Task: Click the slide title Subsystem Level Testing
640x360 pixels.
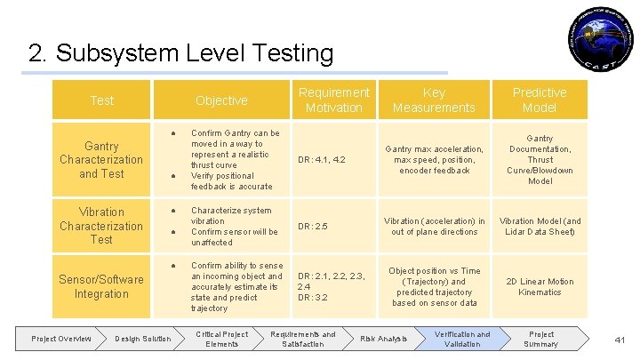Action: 181,53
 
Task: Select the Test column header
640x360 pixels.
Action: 101,100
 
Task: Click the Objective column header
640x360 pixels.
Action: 221,100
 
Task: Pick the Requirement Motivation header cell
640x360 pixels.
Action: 333,100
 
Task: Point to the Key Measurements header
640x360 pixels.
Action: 434,100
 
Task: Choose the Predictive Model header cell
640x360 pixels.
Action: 540,100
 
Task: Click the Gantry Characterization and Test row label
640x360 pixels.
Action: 101,159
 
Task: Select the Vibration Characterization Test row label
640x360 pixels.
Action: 101,226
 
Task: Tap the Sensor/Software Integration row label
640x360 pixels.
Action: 101,286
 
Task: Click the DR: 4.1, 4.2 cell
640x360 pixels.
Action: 322,160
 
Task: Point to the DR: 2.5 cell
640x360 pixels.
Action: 313,227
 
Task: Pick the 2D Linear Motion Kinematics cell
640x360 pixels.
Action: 540,287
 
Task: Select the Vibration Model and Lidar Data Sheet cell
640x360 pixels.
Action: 540,227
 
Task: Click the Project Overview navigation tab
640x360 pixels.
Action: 61,339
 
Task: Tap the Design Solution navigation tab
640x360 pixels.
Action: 143,339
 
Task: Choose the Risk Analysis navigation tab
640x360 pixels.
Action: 384,339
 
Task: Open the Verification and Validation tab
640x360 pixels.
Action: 461,339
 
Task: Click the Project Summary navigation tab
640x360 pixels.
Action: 540,339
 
